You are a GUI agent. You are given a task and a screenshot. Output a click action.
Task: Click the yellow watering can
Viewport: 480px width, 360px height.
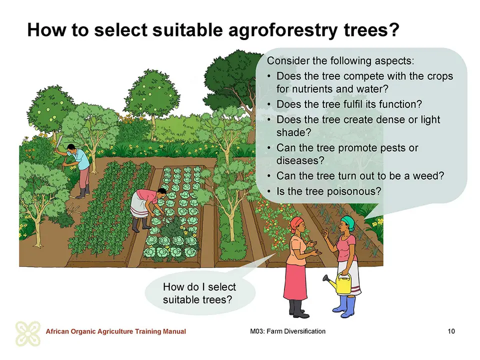(340, 283)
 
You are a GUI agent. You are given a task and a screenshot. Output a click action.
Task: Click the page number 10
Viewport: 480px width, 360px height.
(451, 331)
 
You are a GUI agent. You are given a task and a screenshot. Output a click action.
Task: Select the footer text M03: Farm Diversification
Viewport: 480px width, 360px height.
(288, 331)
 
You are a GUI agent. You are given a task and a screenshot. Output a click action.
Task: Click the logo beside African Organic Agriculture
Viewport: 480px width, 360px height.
(28, 333)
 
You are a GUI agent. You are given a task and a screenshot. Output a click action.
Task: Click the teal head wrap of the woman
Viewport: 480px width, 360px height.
(348, 222)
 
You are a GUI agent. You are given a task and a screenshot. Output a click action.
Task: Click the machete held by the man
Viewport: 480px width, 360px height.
(59, 144)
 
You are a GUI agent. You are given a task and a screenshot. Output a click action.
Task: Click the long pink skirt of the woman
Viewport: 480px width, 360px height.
(295, 282)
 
